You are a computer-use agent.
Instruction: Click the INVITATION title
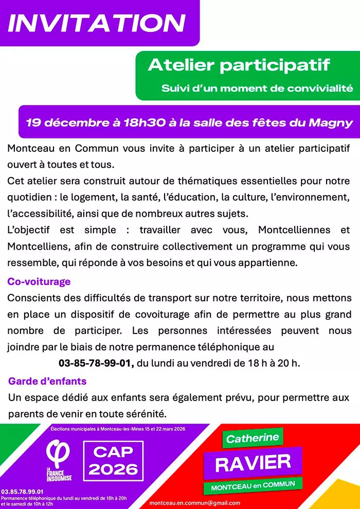coord(97,23)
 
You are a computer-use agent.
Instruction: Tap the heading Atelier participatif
coord(239,65)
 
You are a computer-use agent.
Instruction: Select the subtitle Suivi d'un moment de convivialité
coord(257,88)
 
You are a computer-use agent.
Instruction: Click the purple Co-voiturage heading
coord(39,282)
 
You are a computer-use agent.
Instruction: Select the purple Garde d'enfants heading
coord(47,381)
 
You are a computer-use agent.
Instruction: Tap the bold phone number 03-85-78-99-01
coord(96,363)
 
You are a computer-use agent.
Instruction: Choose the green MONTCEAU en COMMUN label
coord(253,485)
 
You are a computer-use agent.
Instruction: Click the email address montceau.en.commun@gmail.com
coord(195,503)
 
